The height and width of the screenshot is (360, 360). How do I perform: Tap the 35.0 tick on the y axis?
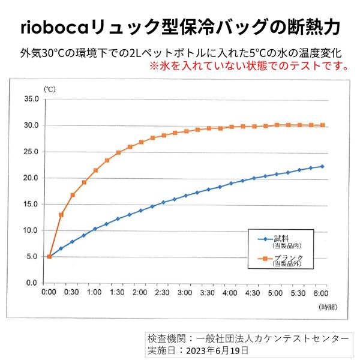pyautogui.click(x=31, y=99)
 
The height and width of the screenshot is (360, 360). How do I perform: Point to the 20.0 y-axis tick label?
pyautogui.click(x=31, y=178)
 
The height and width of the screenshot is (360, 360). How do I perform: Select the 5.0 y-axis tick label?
pyautogui.click(x=32, y=256)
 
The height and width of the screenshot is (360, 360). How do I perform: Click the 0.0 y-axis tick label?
pyautogui.click(x=32, y=283)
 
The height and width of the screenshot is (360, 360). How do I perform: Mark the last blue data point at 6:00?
pyautogui.click(x=322, y=166)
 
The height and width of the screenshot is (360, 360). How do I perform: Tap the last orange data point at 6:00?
pyautogui.click(x=322, y=125)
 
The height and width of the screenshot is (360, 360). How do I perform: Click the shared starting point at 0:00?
pyautogui.click(x=49, y=256)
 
